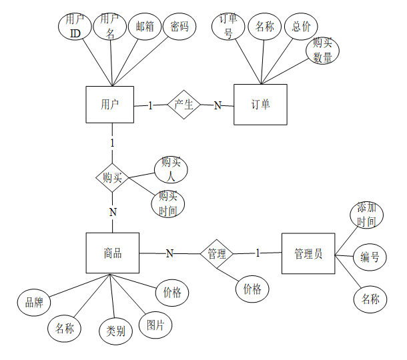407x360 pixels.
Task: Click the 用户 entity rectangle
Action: [110, 105]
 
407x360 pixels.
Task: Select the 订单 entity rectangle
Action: [260, 105]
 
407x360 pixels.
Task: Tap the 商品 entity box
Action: [113, 253]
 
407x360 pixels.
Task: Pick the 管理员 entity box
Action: [308, 253]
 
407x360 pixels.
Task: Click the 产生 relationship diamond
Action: [183, 105]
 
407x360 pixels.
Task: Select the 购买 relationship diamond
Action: [112, 178]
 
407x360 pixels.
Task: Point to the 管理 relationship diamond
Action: [217, 254]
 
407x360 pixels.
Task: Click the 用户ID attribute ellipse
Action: [75, 27]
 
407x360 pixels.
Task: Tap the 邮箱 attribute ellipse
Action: [145, 27]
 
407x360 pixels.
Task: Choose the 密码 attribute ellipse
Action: [179, 27]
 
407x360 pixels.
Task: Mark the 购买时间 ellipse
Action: [168, 204]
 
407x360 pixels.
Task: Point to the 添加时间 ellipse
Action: [367, 215]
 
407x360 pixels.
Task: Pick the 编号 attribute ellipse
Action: [370, 257]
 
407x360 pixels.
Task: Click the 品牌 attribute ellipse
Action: [34, 302]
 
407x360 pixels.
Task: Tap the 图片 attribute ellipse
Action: [155, 325]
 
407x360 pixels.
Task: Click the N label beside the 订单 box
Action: [218, 105]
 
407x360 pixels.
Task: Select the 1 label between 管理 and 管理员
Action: [258, 253]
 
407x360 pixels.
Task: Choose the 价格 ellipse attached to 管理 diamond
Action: [252, 289]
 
